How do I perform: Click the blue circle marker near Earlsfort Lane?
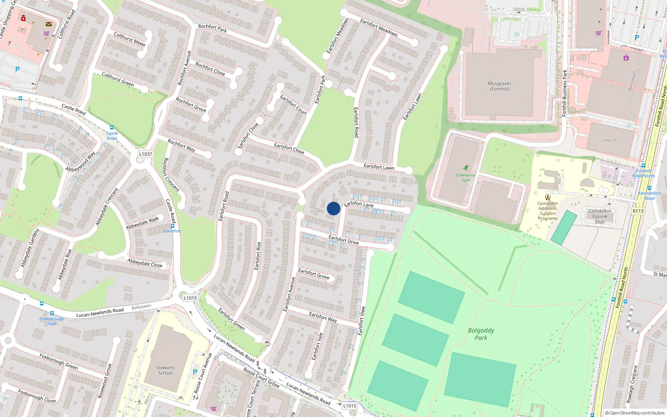(x=333, y=208)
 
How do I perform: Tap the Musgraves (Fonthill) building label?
(x=499, y=86)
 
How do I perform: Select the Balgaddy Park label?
(x=481, y=334)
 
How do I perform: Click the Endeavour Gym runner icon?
(x=466, y=168)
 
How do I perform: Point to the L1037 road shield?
(x=145, y=154)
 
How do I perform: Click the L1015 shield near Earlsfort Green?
(x=190, y=298)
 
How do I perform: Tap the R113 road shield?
(x=638, y=211)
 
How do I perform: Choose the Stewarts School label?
(x=165, y=370)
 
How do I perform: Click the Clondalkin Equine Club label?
(x=599, y=216)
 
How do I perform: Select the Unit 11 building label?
(x=609, y=141)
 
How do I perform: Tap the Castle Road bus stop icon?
(x=111, y=128)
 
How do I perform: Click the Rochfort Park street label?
(x=213, y=28)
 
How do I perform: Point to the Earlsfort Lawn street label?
(x=379, y=167)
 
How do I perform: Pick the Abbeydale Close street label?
(x=145, y=263)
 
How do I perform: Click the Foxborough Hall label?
(x=52, y=321)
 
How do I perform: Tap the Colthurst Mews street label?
(x=130, y=39)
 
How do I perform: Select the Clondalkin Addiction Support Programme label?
(x=547, y=211)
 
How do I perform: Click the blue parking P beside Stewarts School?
(x=195, y=372)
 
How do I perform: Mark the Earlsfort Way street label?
(x=323, y=317)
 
